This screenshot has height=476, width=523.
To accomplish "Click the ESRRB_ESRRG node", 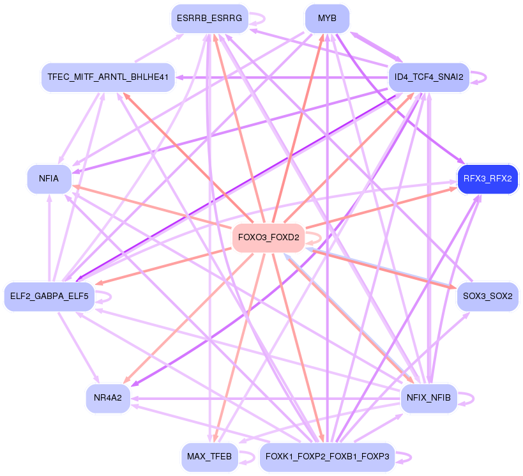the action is point(209,19).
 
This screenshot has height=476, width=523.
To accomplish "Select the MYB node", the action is point(327,19).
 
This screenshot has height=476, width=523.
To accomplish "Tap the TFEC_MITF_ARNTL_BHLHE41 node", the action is point(108,77).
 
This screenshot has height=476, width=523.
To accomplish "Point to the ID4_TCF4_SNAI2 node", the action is point(429,77).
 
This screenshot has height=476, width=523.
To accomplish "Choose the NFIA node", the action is point(49,179).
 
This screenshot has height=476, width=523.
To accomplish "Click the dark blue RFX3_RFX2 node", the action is point(488,179).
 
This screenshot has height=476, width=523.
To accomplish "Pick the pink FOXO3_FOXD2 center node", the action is point(268,238).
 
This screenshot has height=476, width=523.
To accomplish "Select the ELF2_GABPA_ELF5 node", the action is point(49,296).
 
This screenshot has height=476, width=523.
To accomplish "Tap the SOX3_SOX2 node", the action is point(488,296).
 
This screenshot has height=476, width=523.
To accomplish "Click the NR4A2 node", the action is point(108,398).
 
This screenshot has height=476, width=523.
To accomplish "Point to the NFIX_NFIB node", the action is point(429,398).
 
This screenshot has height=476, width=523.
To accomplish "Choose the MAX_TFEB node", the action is point(209,457).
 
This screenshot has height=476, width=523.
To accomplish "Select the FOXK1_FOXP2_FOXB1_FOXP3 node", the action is point(327,457).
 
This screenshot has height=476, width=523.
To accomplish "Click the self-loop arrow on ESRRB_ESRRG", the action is point(264,19).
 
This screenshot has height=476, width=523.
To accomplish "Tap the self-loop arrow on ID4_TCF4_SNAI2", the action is point(485,77).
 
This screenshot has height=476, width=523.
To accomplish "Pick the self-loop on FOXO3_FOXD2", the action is point(321,238).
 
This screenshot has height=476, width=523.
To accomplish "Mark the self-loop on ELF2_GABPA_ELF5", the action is point(110,296).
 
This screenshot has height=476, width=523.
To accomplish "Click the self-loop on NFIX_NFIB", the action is point(473,398).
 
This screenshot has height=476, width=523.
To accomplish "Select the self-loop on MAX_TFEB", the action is point(254,457).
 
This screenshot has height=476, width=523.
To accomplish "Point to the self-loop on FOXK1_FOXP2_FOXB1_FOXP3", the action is point(411,457).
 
